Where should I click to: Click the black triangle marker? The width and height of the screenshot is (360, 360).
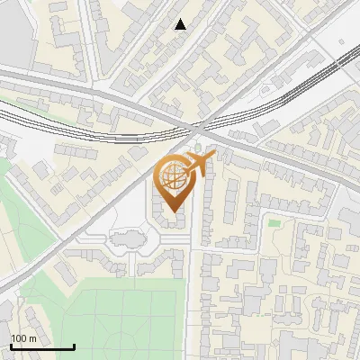tap(181, 24)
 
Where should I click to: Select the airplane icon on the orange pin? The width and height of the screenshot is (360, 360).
tap(197, 162)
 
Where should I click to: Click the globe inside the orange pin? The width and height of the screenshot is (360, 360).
tap(171, 175)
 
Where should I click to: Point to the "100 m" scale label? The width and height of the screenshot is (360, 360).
tap(23, 337)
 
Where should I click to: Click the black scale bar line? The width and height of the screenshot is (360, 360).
tap(42, 346)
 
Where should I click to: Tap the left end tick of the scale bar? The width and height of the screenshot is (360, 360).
tap(11, 345)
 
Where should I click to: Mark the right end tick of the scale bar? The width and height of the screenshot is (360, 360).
tap(74, 345)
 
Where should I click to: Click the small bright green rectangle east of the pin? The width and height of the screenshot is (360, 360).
tap(274, 222)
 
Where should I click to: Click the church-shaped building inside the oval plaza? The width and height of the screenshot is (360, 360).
tap(126, 240)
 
